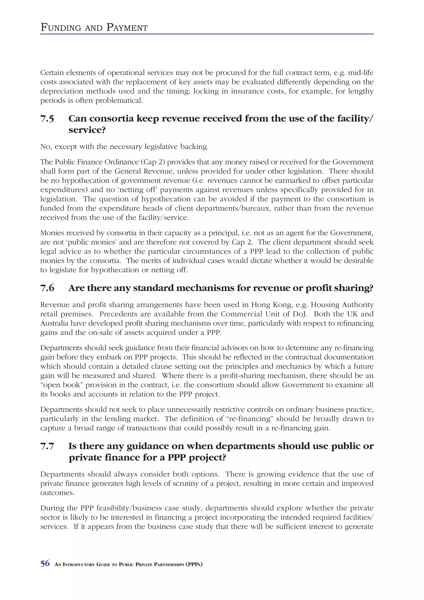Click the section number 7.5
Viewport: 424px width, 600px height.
tap(47, 119)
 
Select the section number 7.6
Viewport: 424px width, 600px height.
tap(47, 288)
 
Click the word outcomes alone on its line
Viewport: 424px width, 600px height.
tap(57, 493)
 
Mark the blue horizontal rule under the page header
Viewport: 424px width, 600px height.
tap(207, 34)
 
